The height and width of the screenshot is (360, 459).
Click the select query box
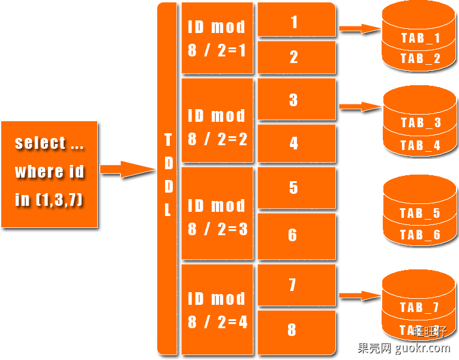click(49, 174)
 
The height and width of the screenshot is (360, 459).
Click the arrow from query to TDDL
click(127, 169)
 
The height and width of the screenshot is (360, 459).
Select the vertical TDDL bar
click(167, 178)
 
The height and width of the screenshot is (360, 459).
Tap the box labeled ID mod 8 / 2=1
click(217, 38)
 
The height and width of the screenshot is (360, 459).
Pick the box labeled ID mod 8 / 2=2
click(217, 127)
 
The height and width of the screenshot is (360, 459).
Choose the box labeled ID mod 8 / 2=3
click(217, 217)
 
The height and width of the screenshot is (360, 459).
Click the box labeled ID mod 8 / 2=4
click(217, 310)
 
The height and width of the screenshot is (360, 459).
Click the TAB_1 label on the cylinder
click(420, 39)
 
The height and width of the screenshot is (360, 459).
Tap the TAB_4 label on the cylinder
click(420, 145)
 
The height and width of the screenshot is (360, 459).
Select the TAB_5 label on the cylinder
click(420, 213)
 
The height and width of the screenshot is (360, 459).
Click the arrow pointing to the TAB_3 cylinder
click(359, 106)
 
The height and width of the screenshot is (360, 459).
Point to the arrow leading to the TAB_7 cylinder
click(359, 295)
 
